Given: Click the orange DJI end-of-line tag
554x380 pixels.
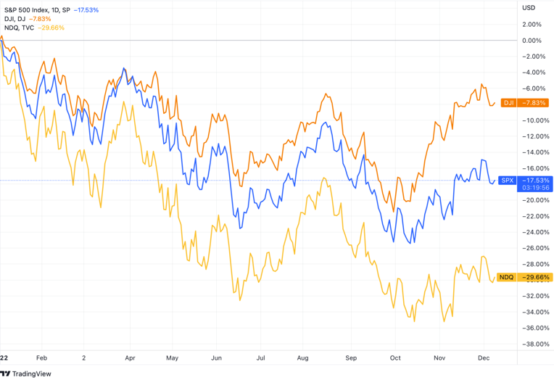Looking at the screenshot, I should tap(508, 103).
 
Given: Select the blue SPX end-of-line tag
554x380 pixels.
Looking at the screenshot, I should tap(508, 180).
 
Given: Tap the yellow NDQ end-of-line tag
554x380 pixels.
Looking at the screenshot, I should tap(507, 277).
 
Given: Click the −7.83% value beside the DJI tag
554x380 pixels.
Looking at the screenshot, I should tap(536, 103).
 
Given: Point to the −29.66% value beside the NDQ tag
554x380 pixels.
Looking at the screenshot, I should tap(536, 277).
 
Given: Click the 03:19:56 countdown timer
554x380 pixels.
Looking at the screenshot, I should tap(535, 187).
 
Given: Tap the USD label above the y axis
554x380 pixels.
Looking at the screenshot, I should tap(529, 8).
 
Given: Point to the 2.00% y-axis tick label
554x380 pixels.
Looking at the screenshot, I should tap(532, 25).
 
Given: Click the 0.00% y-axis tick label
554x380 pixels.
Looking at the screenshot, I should tap(532, 41).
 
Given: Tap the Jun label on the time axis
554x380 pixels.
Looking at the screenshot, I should tap(216, 358).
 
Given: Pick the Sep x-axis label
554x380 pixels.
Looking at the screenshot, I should tap(351, 358).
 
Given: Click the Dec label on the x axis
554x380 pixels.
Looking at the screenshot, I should tap(482, 358).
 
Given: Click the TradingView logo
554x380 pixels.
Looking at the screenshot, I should tap(25, 373).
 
